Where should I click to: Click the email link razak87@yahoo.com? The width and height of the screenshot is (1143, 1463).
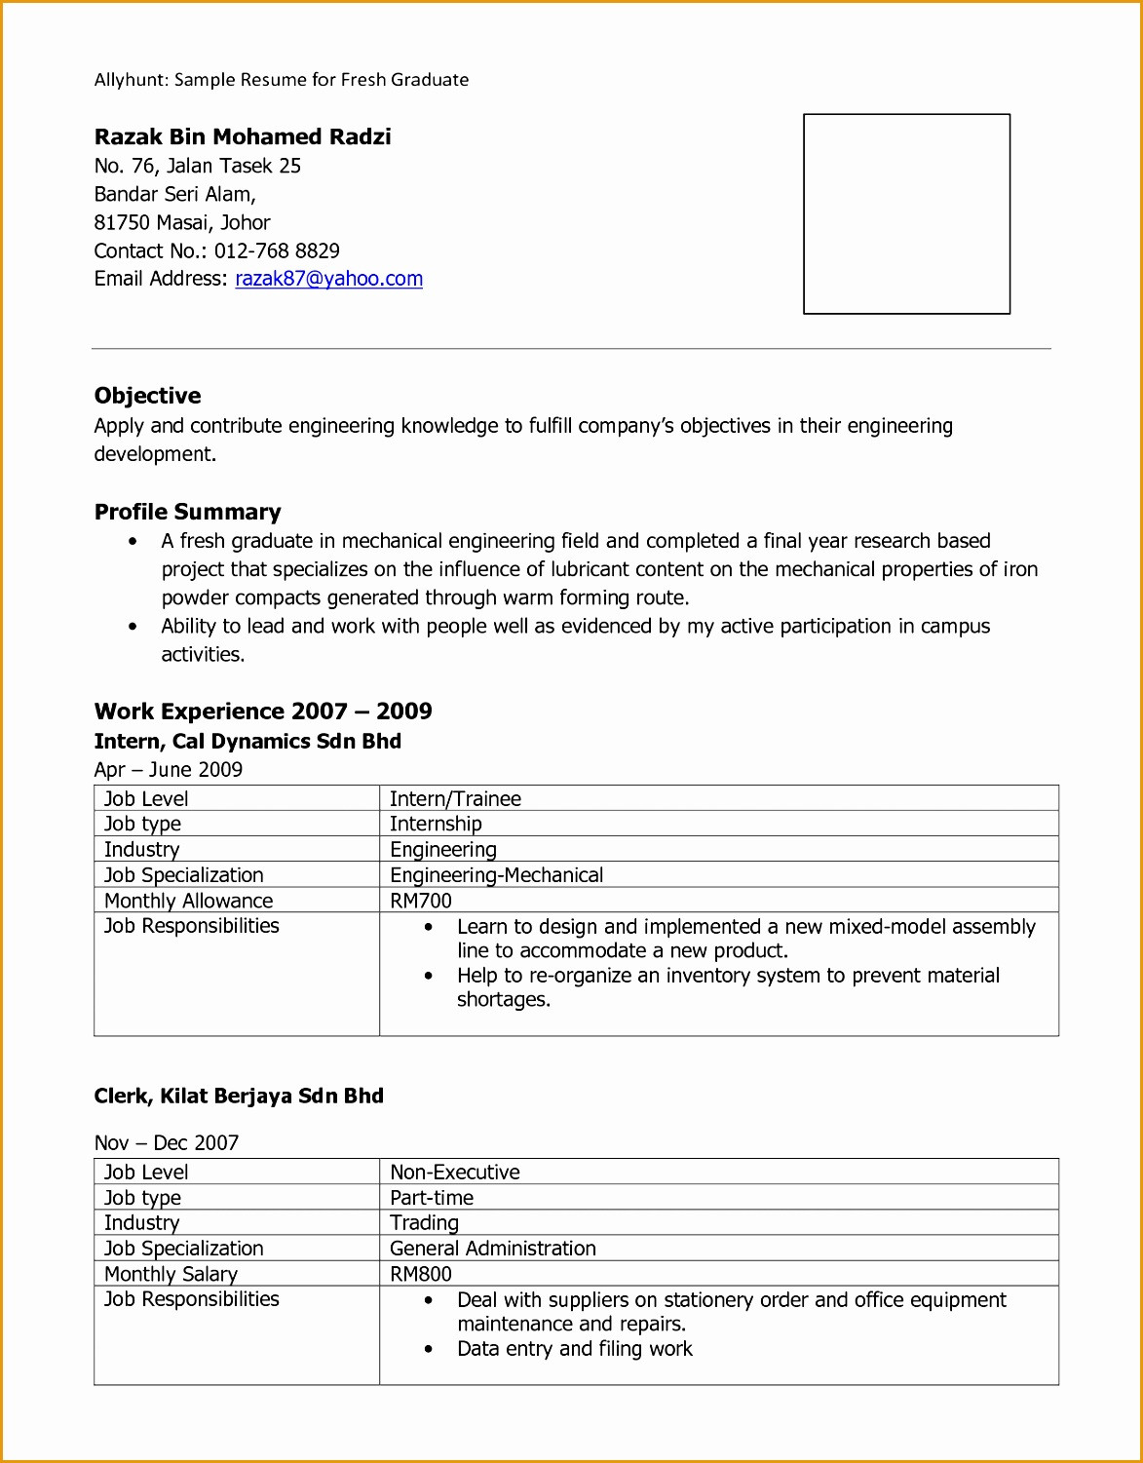328,279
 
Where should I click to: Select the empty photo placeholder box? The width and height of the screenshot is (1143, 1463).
906,214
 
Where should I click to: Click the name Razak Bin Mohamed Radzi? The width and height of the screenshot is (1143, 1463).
243,136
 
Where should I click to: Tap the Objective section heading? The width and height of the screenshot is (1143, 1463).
148,396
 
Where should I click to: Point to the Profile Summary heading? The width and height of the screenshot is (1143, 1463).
188,512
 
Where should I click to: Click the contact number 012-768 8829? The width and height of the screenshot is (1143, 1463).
277,250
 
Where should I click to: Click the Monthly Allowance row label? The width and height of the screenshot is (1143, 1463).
189,901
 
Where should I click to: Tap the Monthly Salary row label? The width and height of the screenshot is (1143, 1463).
171,1274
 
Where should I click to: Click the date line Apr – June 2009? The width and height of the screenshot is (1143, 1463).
169,770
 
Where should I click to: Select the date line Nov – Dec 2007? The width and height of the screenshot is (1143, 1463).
167,1143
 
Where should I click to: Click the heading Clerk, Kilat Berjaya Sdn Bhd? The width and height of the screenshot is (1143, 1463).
239,1097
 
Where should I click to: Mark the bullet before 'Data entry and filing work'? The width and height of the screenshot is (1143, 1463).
429,1350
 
